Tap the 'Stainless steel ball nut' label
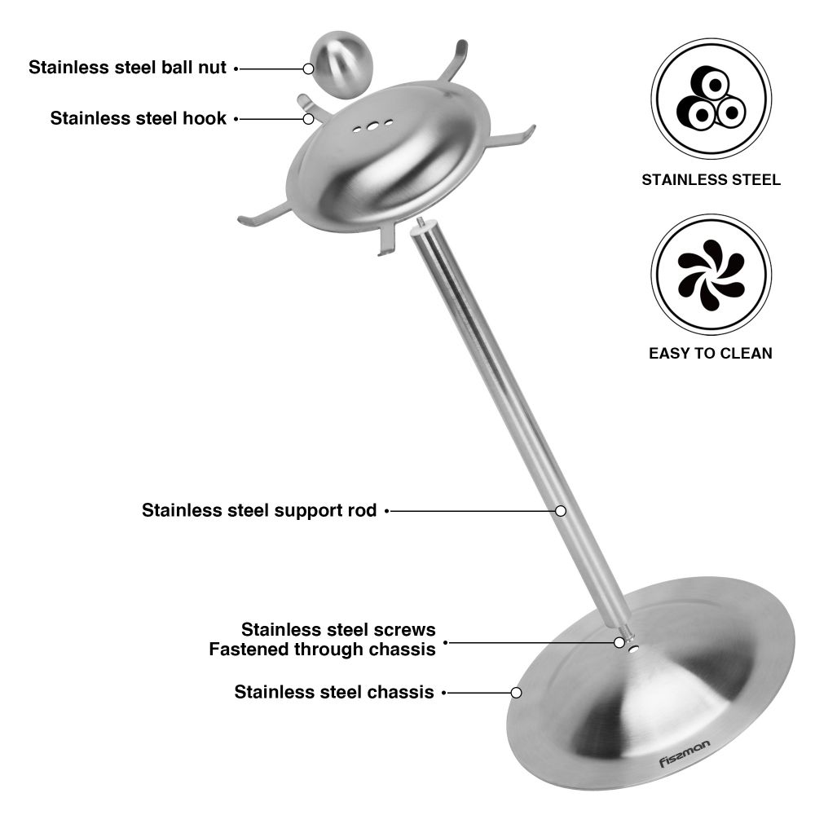(x=127, y=68)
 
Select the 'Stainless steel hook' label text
(x=139, y=118)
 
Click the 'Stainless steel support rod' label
(x=259, y=510)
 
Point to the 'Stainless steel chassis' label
(x=334, y=692)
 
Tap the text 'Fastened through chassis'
(x=322, y=650)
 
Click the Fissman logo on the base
(x=684, y=754)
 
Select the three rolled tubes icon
(x=711, y=99)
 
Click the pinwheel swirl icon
(x=711, y=275)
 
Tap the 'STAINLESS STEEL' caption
(x=711, y=180)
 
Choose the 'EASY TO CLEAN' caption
(x=711, y=354)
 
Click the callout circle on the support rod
(x=561, y=511)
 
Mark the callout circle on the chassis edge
(x=516, y=692)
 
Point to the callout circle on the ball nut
(x=308, y=68)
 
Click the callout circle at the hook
(x=308, y=119)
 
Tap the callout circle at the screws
(x=619, y=643)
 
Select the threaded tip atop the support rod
(x=421, y=222)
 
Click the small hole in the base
(x=633, y=649)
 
